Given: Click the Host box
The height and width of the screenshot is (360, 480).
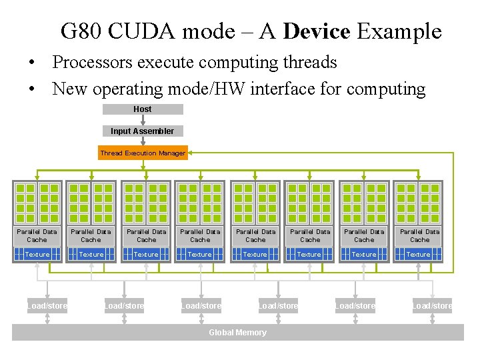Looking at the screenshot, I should coord(143,109).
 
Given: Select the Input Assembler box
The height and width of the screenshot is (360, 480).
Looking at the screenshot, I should coord(143,131).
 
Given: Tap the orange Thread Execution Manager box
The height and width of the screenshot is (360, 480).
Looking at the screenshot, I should coord(143,153).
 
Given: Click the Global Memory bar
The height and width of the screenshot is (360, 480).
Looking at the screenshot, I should coord(237,332).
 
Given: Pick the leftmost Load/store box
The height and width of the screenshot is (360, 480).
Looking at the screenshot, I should coord(47,306).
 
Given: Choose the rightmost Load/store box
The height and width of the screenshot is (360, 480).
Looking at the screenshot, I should coord(432,306).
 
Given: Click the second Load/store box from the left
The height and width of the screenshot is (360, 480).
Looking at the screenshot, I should coord(124,306).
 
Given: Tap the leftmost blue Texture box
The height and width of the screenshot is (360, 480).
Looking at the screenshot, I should coord(37,254).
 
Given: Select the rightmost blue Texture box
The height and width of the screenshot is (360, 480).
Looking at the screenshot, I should coord(419,254).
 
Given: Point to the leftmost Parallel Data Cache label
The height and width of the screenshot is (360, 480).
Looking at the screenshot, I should coord(37,235).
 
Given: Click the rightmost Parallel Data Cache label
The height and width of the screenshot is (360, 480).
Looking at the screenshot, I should coord(419,235).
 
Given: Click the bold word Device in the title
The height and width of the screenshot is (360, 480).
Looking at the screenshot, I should coord(317,31).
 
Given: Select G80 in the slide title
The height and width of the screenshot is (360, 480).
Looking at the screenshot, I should coord(81,31).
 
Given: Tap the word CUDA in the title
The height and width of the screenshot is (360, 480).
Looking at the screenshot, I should coord(138,31).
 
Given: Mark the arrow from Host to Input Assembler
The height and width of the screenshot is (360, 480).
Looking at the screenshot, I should coord(143,120).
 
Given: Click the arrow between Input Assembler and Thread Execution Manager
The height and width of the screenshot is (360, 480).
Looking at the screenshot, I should coord(143,141).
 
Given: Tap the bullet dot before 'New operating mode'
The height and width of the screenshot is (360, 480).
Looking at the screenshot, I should coord(31,89).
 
